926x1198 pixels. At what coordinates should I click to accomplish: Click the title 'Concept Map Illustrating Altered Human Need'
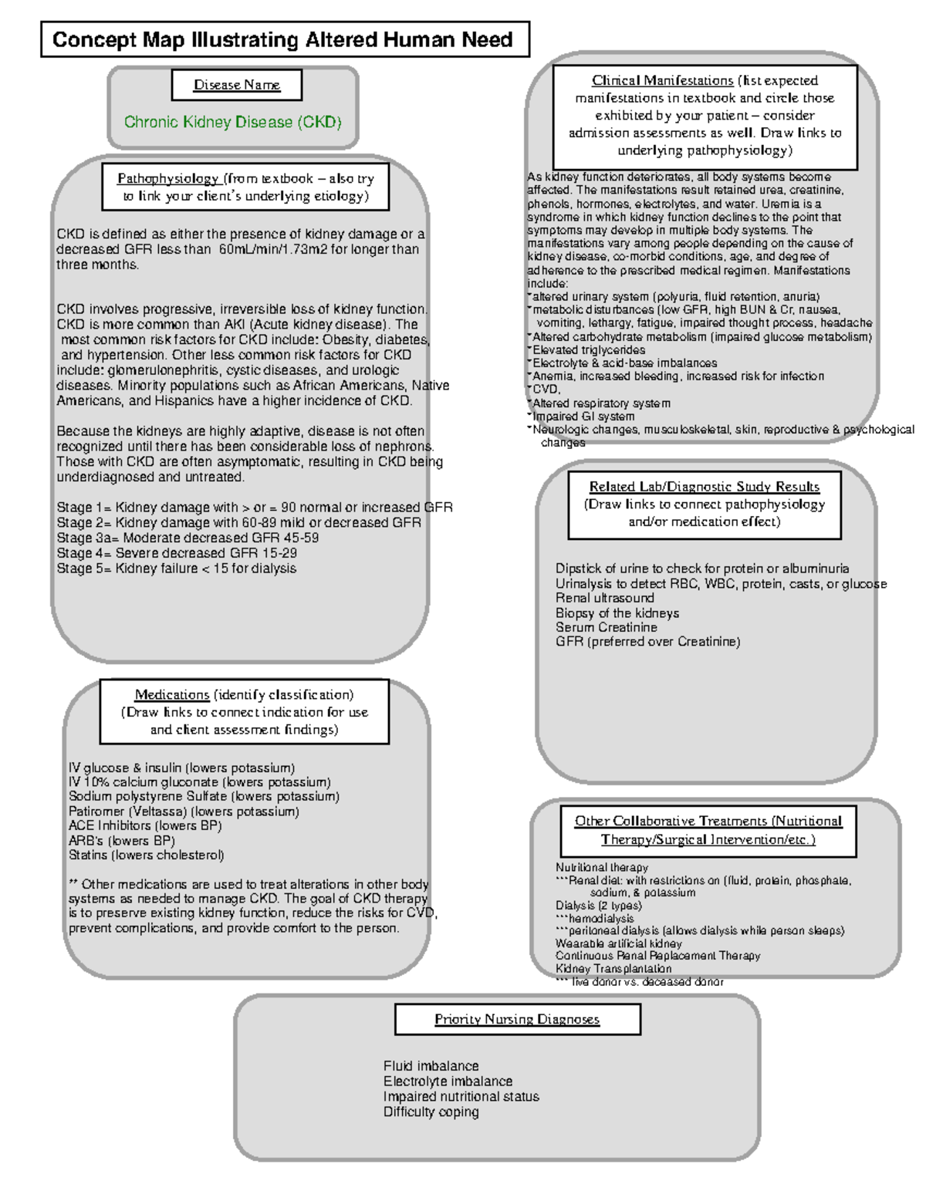point(284,40)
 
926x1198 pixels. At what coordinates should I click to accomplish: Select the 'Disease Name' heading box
point(237,85)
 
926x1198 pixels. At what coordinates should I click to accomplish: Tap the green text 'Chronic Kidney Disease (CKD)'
point(233,122)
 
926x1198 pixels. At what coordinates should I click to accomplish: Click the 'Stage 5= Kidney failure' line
point(177,569)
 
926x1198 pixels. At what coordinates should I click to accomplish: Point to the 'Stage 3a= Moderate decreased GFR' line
point(188,538)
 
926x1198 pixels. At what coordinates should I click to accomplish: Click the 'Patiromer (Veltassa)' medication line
point(184,812)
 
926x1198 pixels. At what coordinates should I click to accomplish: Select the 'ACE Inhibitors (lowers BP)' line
point(145,825)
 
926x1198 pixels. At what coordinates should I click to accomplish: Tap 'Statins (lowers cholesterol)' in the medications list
point(147,855)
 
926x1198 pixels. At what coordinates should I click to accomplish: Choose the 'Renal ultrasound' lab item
point(605,598)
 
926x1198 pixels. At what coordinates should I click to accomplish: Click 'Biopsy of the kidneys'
point(617,613)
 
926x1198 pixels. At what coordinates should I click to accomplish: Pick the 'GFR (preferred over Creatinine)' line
point(647,642)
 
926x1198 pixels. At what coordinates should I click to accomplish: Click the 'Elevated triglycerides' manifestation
point(589,349)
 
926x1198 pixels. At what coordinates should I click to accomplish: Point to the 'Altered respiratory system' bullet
point(601,403)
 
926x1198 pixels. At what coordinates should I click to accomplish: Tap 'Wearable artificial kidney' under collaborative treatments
point(619,943)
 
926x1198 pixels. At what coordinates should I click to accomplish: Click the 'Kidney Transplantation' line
point(613,969)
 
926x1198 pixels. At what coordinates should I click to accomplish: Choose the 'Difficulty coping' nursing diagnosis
point(431,1112)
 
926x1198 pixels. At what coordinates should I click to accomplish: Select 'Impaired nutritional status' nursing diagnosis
point(461,1096)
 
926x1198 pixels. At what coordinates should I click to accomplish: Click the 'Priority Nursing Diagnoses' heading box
point(517,1019)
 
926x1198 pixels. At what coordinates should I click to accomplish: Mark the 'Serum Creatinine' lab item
point(607,627)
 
